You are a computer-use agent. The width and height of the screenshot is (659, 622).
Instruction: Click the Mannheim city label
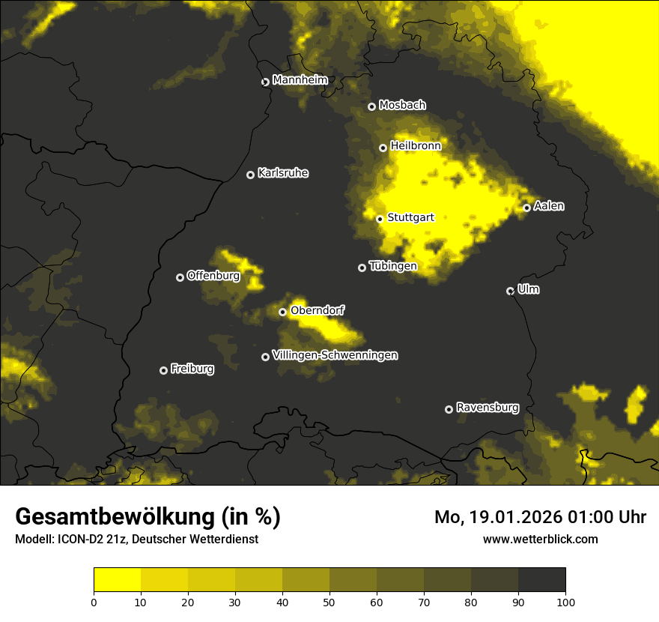tap(300, 79)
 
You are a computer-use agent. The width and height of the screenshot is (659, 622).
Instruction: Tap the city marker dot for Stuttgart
tap(380, 219)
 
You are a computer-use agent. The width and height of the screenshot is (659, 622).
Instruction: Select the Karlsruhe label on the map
tap(283, 173)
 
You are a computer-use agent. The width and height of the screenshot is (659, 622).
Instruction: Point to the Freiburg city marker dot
tap(163, 370)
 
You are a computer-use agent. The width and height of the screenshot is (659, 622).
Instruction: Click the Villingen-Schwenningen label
tap(335, 355)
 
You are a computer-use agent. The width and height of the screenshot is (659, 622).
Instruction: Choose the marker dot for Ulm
tap(510, 291)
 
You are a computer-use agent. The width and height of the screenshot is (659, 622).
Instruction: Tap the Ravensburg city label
tap(487, 408)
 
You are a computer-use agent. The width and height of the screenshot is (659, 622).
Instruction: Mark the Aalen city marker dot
tap(526, 208)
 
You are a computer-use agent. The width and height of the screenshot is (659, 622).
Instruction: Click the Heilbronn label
tap(416, 146)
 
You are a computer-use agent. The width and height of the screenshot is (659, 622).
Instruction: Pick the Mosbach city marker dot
tap(371, 107)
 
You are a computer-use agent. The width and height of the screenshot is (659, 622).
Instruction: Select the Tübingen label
tap(392, 266)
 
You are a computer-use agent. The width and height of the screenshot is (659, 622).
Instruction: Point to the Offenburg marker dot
tap(180, 277)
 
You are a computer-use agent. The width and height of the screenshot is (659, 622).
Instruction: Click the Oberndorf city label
tap(317, 310)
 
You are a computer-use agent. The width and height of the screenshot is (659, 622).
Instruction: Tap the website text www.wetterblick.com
tap(540, 539)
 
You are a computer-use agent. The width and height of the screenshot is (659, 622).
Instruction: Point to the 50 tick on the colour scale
tap(329, 601)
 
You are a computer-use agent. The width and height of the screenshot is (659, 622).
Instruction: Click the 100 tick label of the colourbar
tap(565, 601)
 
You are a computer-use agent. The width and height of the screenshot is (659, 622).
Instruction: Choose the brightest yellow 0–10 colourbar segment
tap(118, 580)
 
